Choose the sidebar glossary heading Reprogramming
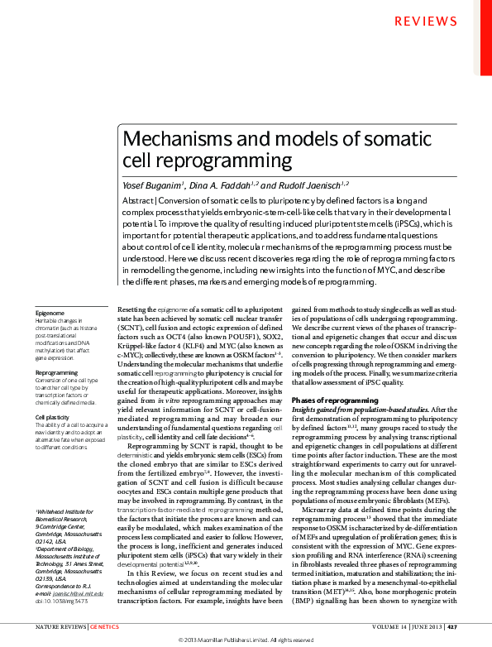tap(56, 373)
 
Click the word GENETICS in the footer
tap(104, 627)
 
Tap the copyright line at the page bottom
tap(246, 640)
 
